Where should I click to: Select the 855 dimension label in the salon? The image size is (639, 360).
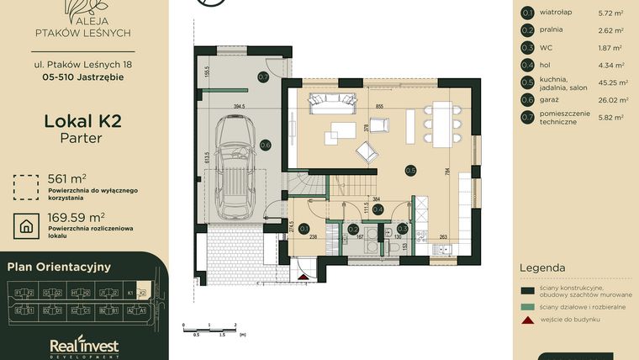click(380, 108)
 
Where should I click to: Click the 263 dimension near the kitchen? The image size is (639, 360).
click(444, 237)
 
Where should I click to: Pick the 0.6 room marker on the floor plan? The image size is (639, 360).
click(265, 145)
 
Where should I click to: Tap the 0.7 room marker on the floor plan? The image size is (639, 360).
click(263, 77)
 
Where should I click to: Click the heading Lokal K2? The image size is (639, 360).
click(82, 121)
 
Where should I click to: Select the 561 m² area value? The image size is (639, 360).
click(67, 178)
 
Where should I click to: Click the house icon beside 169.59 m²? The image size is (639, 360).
click(27, 225)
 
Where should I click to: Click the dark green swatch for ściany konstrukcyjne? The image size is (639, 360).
click(527, 290)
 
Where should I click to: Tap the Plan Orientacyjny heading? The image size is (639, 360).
click(59, 267)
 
